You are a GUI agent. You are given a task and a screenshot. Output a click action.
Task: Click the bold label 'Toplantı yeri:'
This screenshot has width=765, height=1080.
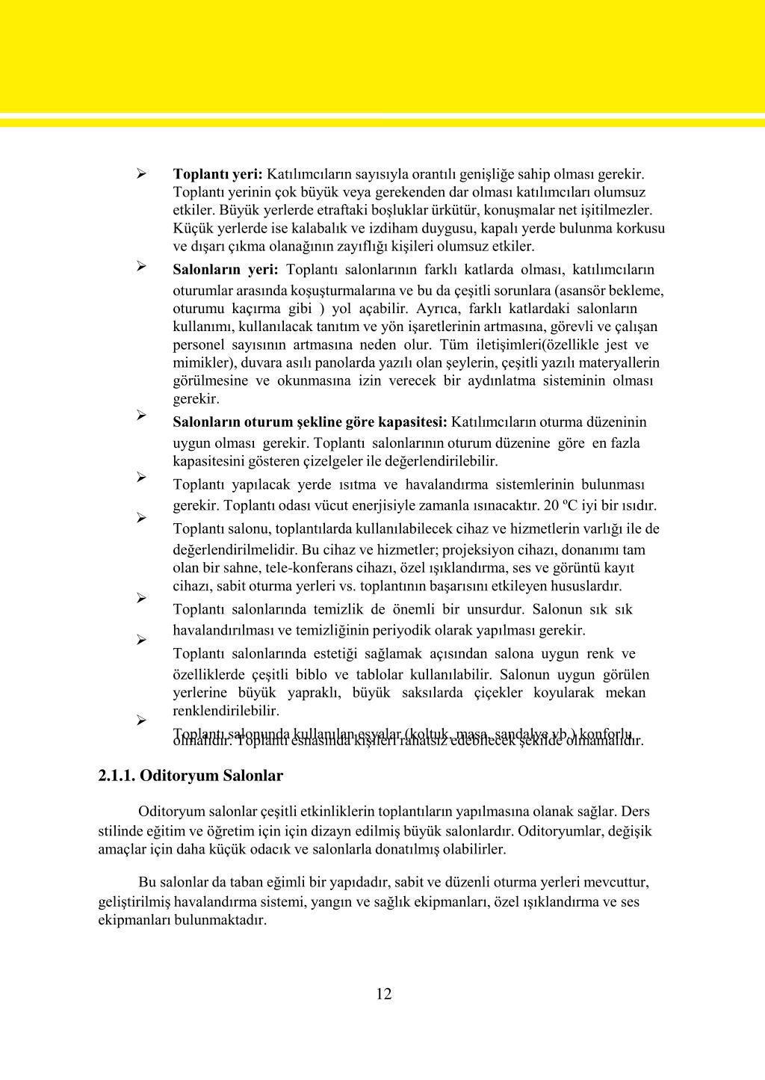coord(217,174)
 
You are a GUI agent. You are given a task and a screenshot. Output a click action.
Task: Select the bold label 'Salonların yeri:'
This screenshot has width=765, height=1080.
coord(225,269)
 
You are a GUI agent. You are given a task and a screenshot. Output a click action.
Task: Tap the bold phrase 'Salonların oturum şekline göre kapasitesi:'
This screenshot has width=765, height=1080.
coord(310,422)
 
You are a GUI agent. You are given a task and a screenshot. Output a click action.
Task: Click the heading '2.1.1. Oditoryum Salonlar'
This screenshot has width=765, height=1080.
coord(191,775)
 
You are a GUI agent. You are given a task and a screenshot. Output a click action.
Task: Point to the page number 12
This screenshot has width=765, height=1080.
coord(383,993)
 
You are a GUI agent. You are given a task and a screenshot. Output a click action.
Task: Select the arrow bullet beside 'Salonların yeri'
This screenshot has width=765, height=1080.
coord(140,265)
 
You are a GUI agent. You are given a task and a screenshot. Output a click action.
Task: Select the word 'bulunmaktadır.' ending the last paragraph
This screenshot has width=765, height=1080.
coord(220,919)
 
